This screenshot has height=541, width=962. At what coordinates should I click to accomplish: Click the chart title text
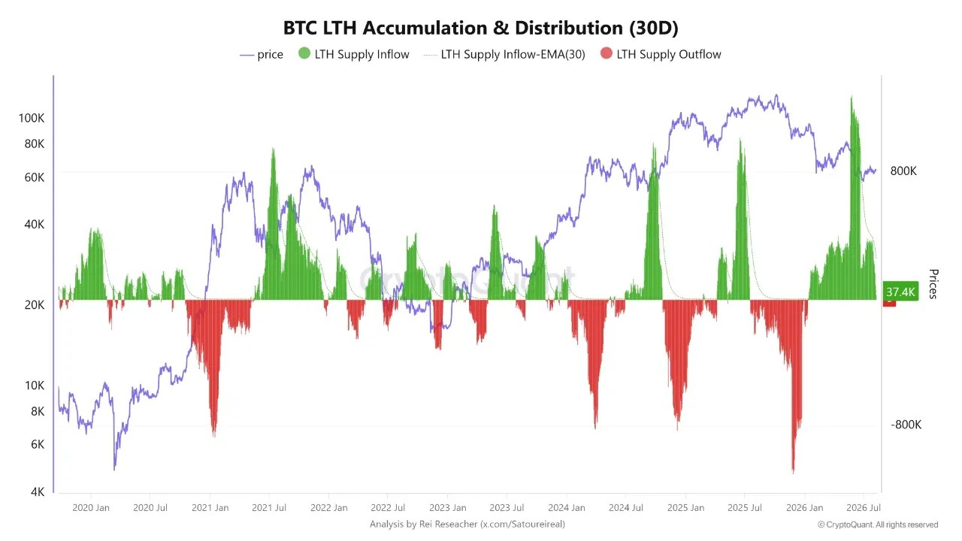(x=480, y=28)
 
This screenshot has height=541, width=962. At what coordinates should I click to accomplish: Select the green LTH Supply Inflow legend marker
(x=304, y=53)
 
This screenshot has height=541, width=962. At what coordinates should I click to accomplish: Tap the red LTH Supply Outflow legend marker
(x=606, y=53)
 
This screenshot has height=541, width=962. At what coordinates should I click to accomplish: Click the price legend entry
(x=262, y=55)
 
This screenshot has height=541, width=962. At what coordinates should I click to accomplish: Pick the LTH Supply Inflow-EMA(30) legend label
(x=513, y=55)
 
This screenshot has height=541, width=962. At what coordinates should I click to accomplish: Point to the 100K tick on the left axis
(x=32, y=118)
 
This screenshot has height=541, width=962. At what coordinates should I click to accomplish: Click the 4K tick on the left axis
(x=38, y=492)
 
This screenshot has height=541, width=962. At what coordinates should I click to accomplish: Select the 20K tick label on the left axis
(x=35, y=305)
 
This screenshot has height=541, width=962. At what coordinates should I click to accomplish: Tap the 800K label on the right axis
(x=903, y=171)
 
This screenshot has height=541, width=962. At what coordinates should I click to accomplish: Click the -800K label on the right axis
(x=906, y=425)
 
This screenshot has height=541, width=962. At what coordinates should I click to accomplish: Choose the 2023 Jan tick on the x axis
(x=447, y=508)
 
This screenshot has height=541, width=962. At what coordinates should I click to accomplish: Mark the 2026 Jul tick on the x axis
(x=864, y=508)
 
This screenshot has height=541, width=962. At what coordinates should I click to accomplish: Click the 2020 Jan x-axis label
(x=91, y=508)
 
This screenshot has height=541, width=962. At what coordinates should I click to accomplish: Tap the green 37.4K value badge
(x=900, y=292)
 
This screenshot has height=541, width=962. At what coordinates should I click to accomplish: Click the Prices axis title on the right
(x=933, y=284)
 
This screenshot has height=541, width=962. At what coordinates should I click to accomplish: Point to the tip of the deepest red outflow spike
(x=793, y=473)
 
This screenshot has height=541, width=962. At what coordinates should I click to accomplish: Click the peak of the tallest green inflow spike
(x=852, y=97)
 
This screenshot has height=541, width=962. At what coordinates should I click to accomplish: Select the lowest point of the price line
(x=114, y=470)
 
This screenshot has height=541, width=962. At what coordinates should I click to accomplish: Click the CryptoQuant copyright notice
(x=877, y=524)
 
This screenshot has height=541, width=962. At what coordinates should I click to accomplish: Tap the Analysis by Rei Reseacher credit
(x=467, y=524)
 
